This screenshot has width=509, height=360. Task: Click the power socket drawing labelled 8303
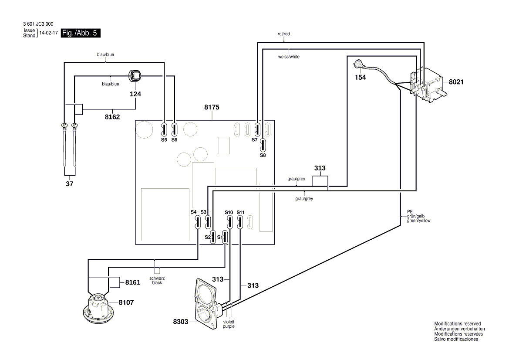coord(205,305)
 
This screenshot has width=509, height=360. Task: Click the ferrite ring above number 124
coord(135,76)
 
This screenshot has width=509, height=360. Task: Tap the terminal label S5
coord(164,140)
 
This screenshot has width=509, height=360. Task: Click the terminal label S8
coord(263,155)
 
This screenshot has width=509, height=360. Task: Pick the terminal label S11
coord(241,212)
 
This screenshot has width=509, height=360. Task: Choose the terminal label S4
coord(194,212)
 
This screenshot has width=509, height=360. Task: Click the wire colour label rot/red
coord(283,34)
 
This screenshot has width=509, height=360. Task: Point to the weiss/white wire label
coord(289,57)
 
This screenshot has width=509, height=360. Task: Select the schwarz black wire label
coord(157,280)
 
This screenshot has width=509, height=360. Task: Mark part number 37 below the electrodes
coord(69,184)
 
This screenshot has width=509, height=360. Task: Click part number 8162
coord(112,117)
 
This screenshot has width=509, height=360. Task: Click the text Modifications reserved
coord(457,324)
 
